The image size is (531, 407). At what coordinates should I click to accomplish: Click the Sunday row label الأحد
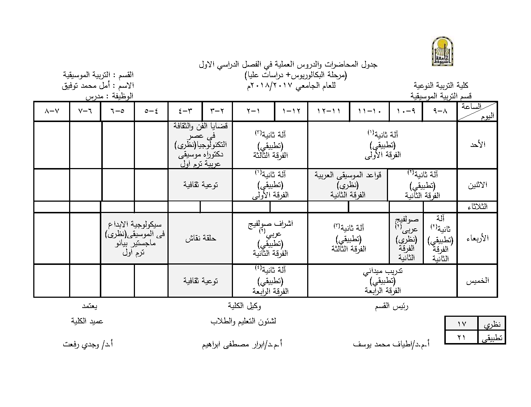pos(477,145)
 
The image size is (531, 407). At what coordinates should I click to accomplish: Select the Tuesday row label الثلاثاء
pos(477,207)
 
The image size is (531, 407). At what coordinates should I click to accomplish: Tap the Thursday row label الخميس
pos(477,281)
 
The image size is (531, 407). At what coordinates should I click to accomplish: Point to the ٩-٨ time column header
pos(440,111)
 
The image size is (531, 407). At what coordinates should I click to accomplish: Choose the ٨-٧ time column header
pos(52,111)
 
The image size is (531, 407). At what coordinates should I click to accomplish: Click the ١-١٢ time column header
pos(291,111)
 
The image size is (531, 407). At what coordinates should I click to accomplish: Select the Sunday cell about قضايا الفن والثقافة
pos(200,145)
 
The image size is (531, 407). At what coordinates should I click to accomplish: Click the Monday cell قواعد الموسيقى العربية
pos(348,185)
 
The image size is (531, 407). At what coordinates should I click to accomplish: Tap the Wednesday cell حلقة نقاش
pos(200,238)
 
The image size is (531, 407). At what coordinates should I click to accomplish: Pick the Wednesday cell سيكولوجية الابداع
pos(134,238)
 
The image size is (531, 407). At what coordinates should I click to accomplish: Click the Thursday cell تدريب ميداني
pos(383,281)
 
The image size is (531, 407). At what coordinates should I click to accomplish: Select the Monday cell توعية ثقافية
pos(200,185)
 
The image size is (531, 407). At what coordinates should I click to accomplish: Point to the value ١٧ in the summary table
pos(462,324)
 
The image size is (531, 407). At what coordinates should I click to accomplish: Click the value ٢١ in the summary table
pos(462,338)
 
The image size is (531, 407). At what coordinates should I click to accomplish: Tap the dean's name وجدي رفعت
pos(88,344)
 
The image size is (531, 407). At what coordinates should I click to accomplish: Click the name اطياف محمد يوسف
pos(391,344)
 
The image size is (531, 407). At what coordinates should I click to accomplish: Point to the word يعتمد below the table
pos(90,306)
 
